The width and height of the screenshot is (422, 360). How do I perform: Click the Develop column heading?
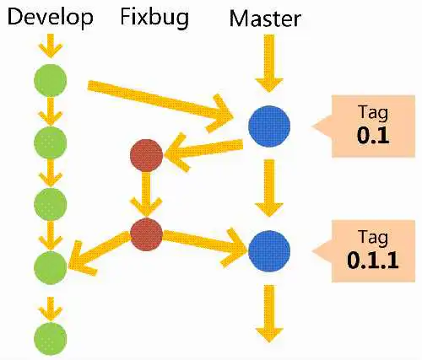[x=50, y=18]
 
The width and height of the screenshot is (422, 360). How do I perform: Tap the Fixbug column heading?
[x=154, y=18]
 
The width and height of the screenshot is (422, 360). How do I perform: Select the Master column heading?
[x=265, y=19]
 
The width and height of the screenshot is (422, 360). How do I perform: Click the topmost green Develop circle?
[x=51, y=80]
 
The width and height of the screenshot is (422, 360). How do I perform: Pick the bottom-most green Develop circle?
[x=51, y=339]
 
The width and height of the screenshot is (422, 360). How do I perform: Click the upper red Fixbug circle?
[x=146, y=155]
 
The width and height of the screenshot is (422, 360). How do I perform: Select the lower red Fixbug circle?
[x=146, y=234]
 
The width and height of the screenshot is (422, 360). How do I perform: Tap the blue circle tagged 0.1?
[x=269, y=126]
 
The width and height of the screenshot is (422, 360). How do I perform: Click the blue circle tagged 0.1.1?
[x=269, y=251]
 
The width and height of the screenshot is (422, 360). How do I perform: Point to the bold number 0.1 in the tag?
[x=373, y=136]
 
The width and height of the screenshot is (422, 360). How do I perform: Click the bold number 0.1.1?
[x=373, y=261]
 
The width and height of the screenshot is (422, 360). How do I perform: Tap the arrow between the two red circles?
[x=146, y=195]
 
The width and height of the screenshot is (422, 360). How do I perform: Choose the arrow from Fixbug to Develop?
[x=99, y=251]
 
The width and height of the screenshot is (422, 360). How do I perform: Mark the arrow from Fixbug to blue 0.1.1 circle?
[x=205, y=244]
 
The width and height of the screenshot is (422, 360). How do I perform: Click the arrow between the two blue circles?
[x=269, y=188]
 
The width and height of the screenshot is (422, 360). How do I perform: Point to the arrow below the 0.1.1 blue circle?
[x=269, y=314]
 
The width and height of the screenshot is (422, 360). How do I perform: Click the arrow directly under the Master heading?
[x=269, y=63]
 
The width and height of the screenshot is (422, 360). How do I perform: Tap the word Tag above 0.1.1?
[x=373, y=238]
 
